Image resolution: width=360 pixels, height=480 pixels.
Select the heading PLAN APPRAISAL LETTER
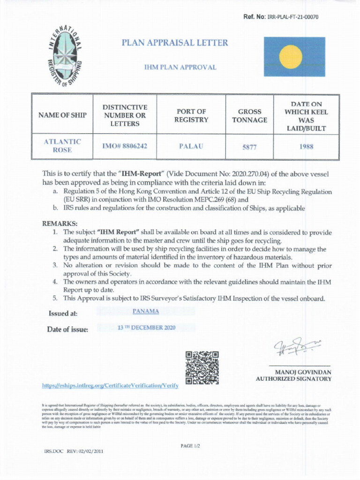pyautogui.click(x=175, y=43)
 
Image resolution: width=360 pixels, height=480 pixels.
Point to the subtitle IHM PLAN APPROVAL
pyautogui.click(x=180, y=67)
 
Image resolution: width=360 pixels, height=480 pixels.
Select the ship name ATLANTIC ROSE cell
pyautogui.click(x=63, y=146)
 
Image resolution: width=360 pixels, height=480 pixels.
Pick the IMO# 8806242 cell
pyautogui.click(x=125, y=146)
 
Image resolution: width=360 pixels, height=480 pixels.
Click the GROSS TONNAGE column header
pyautogui.click(x=249, y=116)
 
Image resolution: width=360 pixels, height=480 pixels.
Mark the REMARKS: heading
pyautogui.click(x=60, y=224)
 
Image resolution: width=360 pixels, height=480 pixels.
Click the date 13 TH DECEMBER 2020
pyautogui.click(x=146, y=327)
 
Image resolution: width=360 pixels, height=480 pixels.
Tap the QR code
pyautogui.click(x=202, y=367)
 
